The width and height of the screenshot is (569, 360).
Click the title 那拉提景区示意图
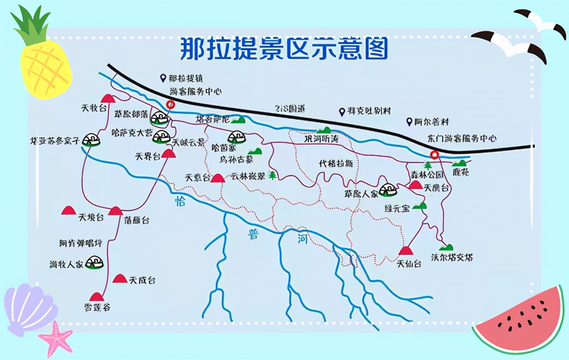(284, 48)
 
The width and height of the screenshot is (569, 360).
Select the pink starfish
(56, 339)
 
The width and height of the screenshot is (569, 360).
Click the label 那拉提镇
(186, 78)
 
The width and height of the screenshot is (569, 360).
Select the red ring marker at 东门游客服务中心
(435, 155)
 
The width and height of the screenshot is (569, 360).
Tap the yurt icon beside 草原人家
(388, 190)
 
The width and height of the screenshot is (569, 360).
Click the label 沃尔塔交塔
(452, 257)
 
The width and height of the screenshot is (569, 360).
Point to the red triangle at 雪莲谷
(97, 296)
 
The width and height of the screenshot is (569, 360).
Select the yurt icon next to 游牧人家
(94, 262)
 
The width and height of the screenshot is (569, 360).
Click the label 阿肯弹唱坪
(81, 243)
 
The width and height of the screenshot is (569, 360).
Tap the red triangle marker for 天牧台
(107, 98)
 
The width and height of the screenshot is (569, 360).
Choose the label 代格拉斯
(336, 163)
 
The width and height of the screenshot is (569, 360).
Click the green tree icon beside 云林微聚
(272, 176)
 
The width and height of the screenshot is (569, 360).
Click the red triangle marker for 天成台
(120, 279)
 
